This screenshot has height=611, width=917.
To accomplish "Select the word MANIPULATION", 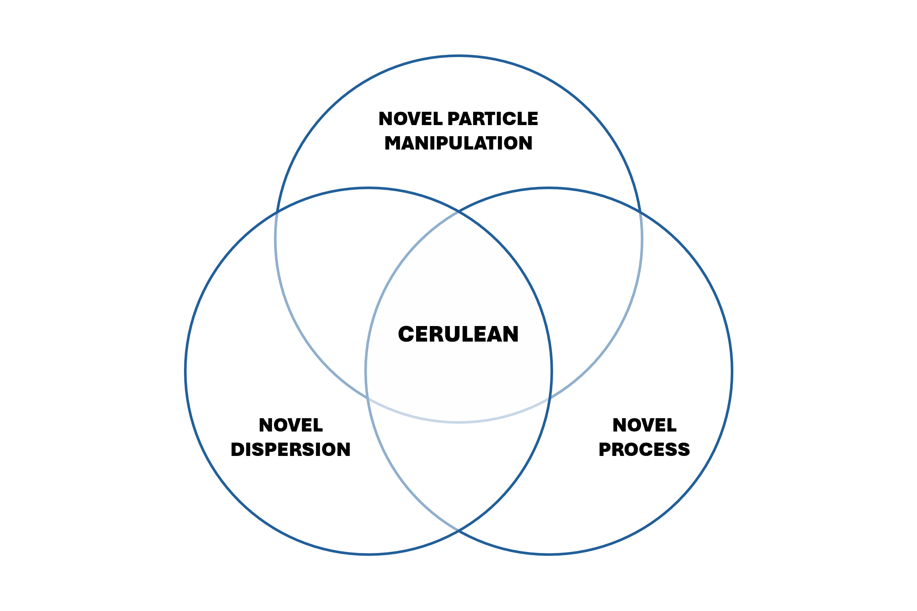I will click(x=458, y=143).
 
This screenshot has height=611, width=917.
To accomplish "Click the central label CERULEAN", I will click(x=458, y=334).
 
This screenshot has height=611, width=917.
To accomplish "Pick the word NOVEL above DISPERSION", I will click(x=291, y=425).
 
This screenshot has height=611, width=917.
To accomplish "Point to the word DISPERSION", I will click(x=291, y=450).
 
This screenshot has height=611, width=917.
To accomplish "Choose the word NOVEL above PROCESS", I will click(x=645, y=425).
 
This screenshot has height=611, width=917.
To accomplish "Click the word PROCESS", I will click(x=645, y=450).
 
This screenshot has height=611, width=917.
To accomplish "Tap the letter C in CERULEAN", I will click(x=406, y=334).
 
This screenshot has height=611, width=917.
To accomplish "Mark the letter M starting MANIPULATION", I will click(x=394, y=143).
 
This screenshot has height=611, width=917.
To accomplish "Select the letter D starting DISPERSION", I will click(x=237, y=450).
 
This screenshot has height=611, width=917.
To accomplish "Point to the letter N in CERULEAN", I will click(x=510, y=334).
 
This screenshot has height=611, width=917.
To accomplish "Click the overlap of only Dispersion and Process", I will click(x=459, y=468).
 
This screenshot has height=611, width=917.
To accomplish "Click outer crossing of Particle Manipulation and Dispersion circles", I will click(x=277, y=212).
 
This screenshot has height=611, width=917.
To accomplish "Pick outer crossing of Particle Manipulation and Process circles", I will click(x=640, y=212).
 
